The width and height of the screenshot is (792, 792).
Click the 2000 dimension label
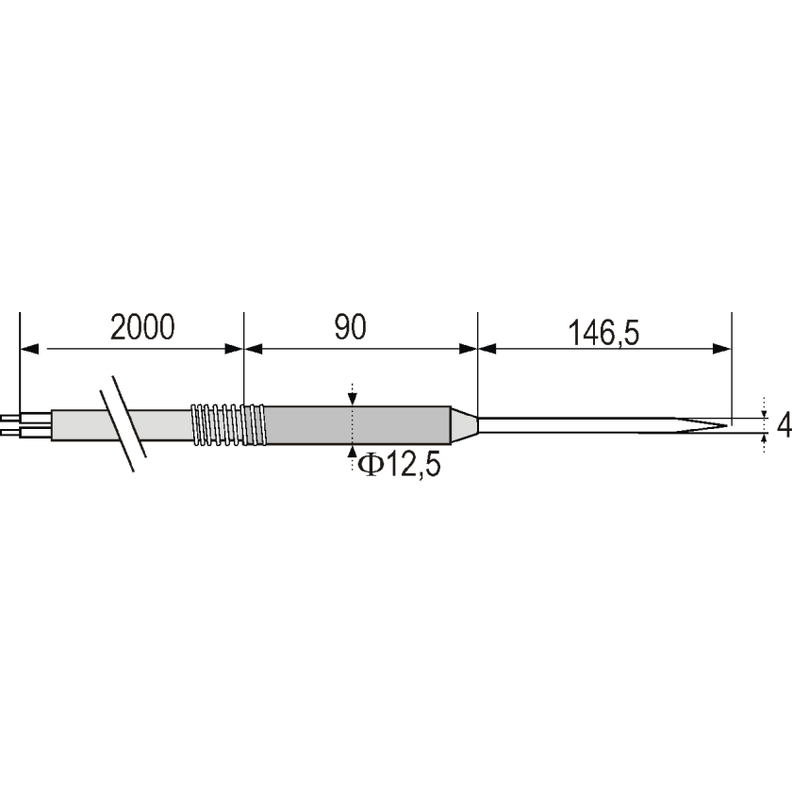(x=142, y=327)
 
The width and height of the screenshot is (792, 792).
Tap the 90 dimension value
(x=350, y=327)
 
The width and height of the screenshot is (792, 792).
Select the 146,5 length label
(x=603, y=334)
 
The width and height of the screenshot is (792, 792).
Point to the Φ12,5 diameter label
(x=399, y=465)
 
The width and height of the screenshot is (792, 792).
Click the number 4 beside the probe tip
(x=784, y=425)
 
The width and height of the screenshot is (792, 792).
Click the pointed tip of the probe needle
(x=728, y=425)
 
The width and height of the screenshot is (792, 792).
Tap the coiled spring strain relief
(x=228, y=425)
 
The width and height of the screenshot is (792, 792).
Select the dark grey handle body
(x=357, y=425)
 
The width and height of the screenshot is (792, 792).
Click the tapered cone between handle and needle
(x=464, y=425)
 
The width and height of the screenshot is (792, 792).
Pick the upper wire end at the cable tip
(x=10, y=419)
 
